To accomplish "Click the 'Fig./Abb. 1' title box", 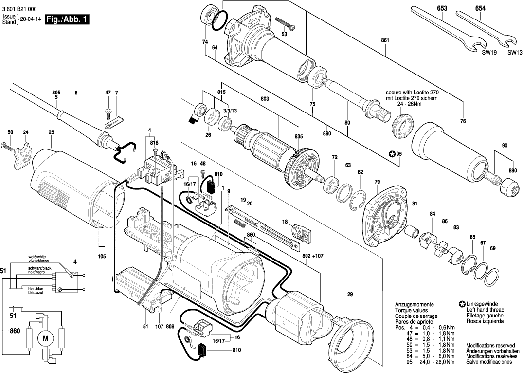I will click(x=67, y=19).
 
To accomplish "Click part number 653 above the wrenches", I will click(x=442, y=9).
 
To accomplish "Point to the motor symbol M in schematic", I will click(x=46, y=338).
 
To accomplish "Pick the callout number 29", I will click(x=349, y=294).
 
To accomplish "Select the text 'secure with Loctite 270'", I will click(x=412, y=92).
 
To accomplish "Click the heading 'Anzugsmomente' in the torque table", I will click(x=411, y=304).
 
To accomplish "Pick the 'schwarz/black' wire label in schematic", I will click(x=40, y=268).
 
